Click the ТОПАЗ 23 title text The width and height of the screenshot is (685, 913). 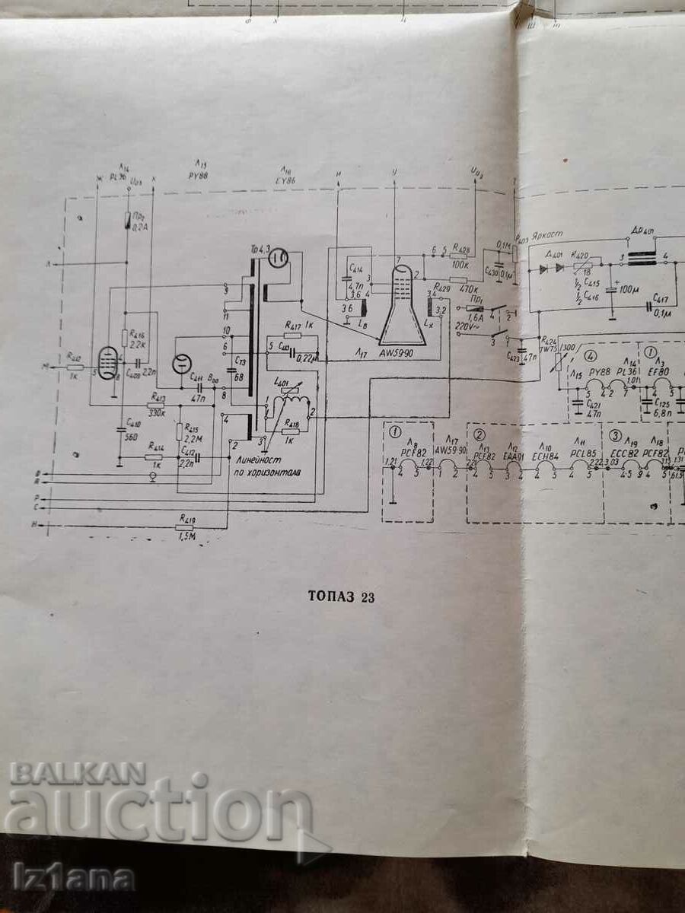click(341, 597)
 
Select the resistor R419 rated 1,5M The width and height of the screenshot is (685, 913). click(185, 526)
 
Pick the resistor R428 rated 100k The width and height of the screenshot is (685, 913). click(460, 256)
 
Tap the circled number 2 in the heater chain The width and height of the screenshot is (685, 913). click(479, 434)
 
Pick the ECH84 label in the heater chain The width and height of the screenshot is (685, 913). click(545, 456)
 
